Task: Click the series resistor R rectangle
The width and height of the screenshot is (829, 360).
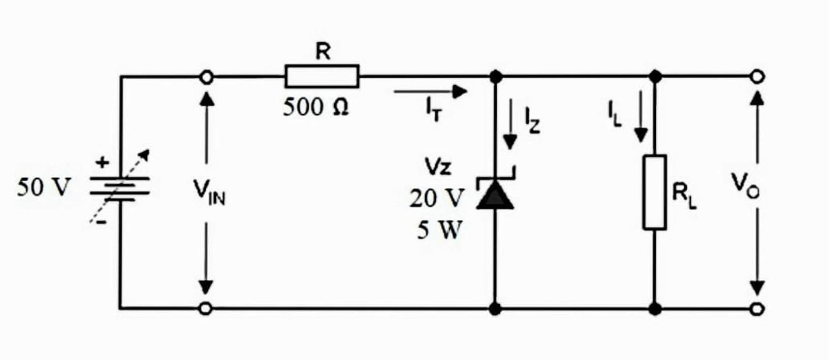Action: (322, 76)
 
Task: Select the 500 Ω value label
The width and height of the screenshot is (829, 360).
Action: (315, 107)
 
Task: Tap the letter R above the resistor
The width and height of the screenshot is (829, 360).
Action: (323, 51)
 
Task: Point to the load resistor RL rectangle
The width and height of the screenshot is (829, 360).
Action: (655, 192)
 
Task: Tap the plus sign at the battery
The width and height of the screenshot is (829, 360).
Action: (103, 162)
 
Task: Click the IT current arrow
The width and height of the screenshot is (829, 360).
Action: (430, 92)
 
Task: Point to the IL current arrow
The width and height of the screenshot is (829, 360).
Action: (641, 117)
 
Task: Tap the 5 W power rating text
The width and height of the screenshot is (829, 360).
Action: (439, 231)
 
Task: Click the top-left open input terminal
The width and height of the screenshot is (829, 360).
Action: (206, 77)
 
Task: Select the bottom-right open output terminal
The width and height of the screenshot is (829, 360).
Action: (757, 308)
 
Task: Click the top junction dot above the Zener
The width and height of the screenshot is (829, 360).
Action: (496, 77)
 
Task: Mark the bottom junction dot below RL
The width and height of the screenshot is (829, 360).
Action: (655, 308)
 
